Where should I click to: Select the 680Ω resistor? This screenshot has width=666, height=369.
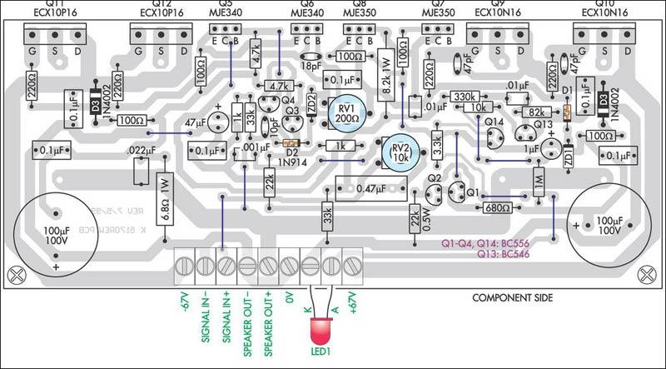496,207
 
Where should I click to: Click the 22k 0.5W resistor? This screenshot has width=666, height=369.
415,218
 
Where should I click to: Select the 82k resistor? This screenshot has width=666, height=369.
536,111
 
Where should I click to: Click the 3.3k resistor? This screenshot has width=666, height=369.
437,151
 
